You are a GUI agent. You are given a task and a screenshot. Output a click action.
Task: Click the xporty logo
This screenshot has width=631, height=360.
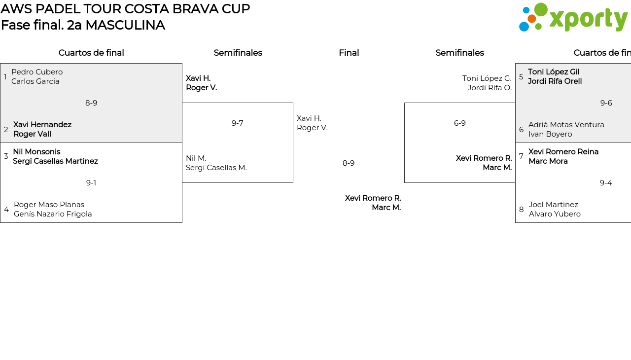(x=573, y=18)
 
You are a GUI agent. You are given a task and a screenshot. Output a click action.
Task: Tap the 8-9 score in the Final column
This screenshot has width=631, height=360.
(x=349, y=163)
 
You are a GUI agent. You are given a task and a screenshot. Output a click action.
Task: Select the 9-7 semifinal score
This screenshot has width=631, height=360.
(x=238, y=123)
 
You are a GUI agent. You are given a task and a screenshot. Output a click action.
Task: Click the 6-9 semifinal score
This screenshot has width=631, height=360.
(x=460, y=123)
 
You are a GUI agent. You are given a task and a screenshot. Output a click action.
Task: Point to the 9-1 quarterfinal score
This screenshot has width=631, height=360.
(x=91, y=183)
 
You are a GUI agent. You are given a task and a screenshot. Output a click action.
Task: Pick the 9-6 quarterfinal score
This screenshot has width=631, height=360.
(x=606, y=103)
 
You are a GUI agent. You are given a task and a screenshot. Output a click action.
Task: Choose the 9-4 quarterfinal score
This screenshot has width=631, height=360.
(x=606, y=183)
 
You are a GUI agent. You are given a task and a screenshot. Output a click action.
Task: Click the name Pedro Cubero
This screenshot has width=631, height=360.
(x=37, y=72)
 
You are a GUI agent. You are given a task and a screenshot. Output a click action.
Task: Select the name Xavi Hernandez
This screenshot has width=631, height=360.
(x=42, y=125)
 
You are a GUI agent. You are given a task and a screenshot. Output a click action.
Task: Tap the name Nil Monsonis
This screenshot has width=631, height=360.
(x=36, y=152)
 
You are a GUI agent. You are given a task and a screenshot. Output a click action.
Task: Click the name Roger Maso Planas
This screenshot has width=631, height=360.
(x=49, y=205)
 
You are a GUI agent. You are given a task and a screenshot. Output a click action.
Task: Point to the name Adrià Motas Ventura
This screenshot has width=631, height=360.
(x=566, y=125)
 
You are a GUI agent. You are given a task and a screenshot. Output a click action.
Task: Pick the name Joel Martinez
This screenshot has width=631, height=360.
(x=553, y=205)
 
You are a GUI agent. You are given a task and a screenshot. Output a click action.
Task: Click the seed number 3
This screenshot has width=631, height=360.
(x=6, y=156)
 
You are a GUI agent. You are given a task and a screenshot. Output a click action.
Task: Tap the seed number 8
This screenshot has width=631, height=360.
(x=522, y=210)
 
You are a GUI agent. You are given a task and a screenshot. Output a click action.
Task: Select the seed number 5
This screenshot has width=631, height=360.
(x=521, y=77)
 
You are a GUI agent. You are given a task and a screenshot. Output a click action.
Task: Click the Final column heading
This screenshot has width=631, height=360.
(x=349, y=53)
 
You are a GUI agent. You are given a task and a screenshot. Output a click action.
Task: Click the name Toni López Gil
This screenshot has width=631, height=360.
(x=554, y=72)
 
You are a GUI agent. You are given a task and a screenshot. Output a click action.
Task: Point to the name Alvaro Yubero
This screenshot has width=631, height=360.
(x=555, y=214)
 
